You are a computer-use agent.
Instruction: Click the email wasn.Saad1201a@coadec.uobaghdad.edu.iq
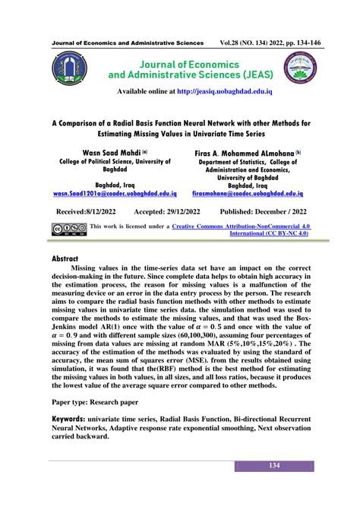tap(115, 194)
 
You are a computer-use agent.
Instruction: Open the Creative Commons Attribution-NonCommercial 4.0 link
tap(242, 226)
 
